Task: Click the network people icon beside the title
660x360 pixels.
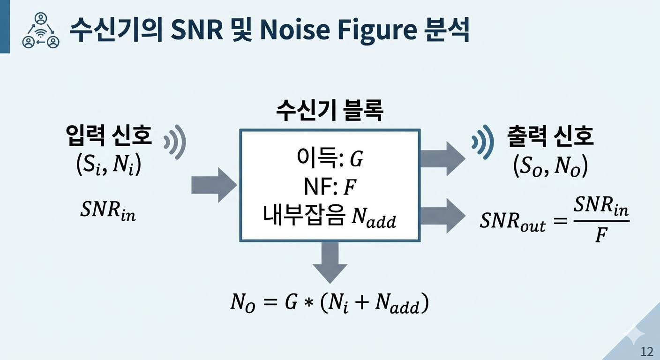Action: tap(41, 30)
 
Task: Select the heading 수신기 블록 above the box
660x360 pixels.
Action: tap(330, 112)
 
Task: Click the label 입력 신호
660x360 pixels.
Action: tap(109, 136)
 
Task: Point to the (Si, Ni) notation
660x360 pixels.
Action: tap(108, 165)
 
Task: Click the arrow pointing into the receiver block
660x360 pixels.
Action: tap(213, 185)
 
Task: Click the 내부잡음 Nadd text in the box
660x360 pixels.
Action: tap(330, 218)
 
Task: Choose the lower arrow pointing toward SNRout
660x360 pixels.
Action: tap(442, 216)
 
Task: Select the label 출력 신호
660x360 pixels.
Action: tap(550, 136)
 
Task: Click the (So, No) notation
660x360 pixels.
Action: tap(550, 166)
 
